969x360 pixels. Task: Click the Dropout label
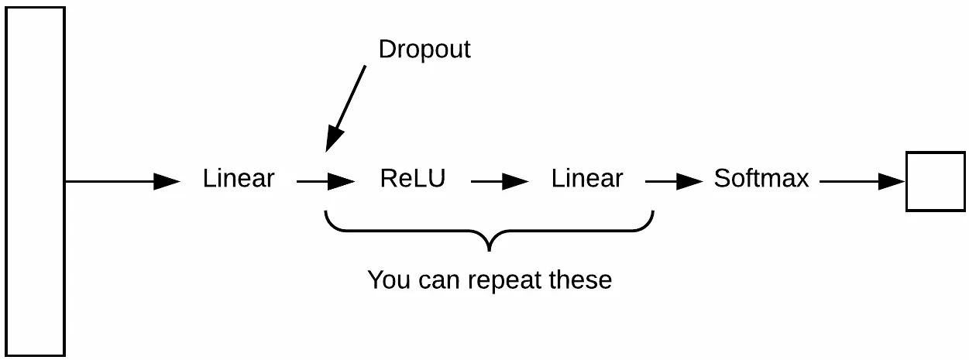pos(424,49)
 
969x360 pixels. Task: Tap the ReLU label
pos(413,178)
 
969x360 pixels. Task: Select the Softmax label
pos(761,178)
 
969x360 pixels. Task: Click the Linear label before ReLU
pos(239,178)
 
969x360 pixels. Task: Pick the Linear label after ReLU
pos(587,178)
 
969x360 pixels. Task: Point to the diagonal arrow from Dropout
pos(345,108)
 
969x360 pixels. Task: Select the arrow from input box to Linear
pos(123,181)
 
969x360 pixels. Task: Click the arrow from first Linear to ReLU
pos(326,181)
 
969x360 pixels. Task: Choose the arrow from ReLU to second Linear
pos(500,181)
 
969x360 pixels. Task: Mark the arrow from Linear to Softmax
pos(675,181)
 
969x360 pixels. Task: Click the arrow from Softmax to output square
pos(863,181)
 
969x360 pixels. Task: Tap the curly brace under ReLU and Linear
pos(490,231)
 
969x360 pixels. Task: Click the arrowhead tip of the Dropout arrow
pos(326,152)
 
